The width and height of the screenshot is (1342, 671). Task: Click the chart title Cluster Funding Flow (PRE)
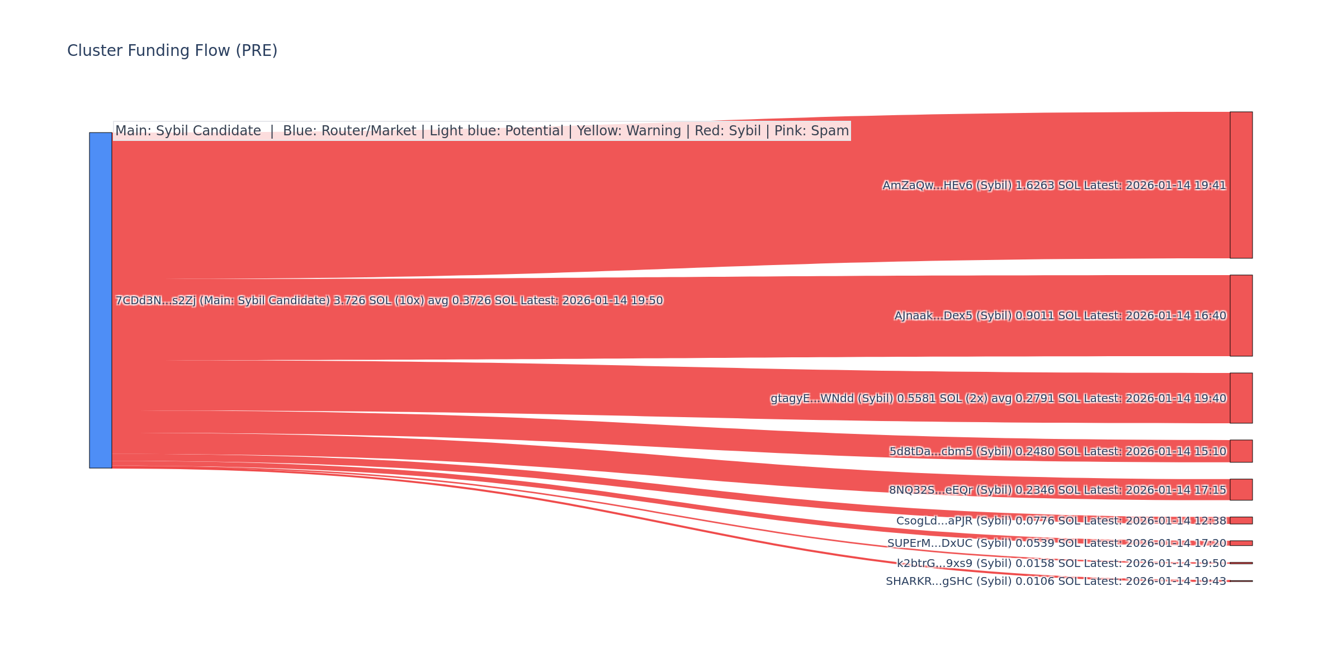pyautogui.click(x=172, y=51)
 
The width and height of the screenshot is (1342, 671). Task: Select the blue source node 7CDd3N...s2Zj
pyautogui.click(x=101, y=300)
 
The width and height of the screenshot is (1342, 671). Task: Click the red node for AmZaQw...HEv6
pyautogui.click(x=1241, y=185)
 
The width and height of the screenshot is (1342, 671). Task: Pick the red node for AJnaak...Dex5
pyautogui.click(x=1241, y=315)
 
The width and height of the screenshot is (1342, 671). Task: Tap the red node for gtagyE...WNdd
pyautogui.click(x=1241, y=398)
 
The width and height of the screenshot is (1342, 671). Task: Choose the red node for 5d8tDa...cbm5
pyautogui.click(x=1241, y=451)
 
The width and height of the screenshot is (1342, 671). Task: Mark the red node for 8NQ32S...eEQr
pyautogui.click(x=1241, y=490)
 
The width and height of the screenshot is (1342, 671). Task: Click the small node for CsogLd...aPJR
pyautogui.click(x=1241, y=521)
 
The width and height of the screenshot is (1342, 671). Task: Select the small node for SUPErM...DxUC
pyautogui.click(x=1241, y=543)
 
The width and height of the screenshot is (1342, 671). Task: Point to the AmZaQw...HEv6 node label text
pyautogui.click(x=1054, y=186)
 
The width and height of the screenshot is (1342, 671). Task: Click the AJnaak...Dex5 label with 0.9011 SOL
pyautogui.click(x=1060, y=316)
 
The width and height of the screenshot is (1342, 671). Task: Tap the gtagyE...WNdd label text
pyautogui.click(x=998, y=399)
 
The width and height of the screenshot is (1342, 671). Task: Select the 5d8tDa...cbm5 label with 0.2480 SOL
pyautogui.click(x=1057, y=452)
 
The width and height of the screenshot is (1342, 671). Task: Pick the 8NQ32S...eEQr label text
pyautogui.click(x=1057, y=490)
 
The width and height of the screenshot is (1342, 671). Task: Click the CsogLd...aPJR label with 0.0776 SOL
pyautogui.click(x=1061, y=521)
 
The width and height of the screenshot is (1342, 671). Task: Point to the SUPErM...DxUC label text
pyautogui.click(x=1056, y=544)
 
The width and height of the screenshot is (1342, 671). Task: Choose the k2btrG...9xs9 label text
pyautogui.click(x=1061, y=564)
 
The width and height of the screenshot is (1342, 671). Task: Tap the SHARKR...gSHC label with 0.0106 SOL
pyautogui.click(x=1056, y=582)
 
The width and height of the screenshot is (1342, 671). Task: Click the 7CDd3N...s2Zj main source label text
pyautogui.click(x=389, y=301)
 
